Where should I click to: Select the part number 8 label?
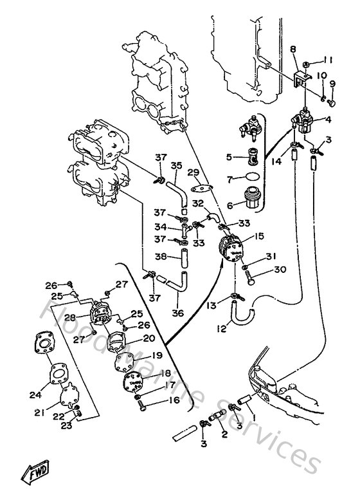(293, 49)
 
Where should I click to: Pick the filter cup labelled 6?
(250, 196)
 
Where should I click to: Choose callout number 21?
(40, 412)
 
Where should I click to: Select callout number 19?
(156, 355)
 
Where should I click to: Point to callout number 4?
(328, 118)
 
